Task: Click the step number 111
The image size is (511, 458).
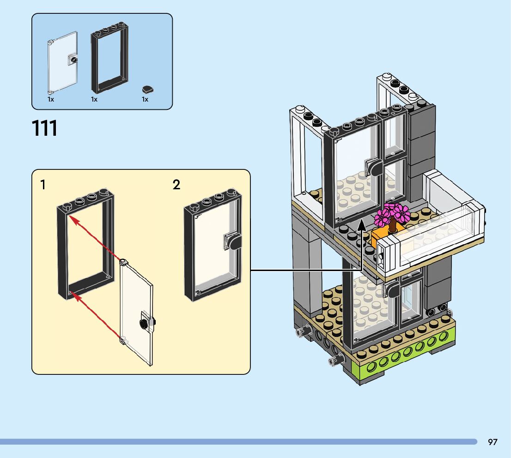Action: tap(45, 128)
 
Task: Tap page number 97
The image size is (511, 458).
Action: tap(493, 442)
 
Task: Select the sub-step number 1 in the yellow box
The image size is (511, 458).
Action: tap(43, 185)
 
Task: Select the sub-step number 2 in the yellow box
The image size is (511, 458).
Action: tap(176, 185)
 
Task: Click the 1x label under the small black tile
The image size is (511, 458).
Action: tap(145, 99)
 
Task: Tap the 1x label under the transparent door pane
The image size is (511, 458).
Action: tap(51, 99)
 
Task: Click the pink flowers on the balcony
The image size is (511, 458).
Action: tap(392, 213)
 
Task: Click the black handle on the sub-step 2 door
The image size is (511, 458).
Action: tap(233, 241)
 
